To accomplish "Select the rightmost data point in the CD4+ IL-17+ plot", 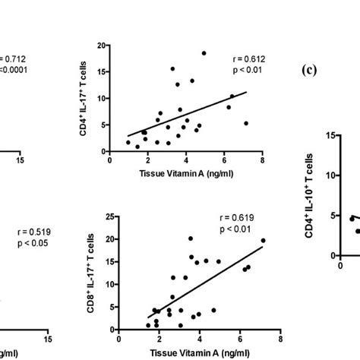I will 246,123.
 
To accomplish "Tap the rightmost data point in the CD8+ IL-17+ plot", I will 264,241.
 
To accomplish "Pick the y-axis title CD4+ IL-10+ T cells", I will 308,195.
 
